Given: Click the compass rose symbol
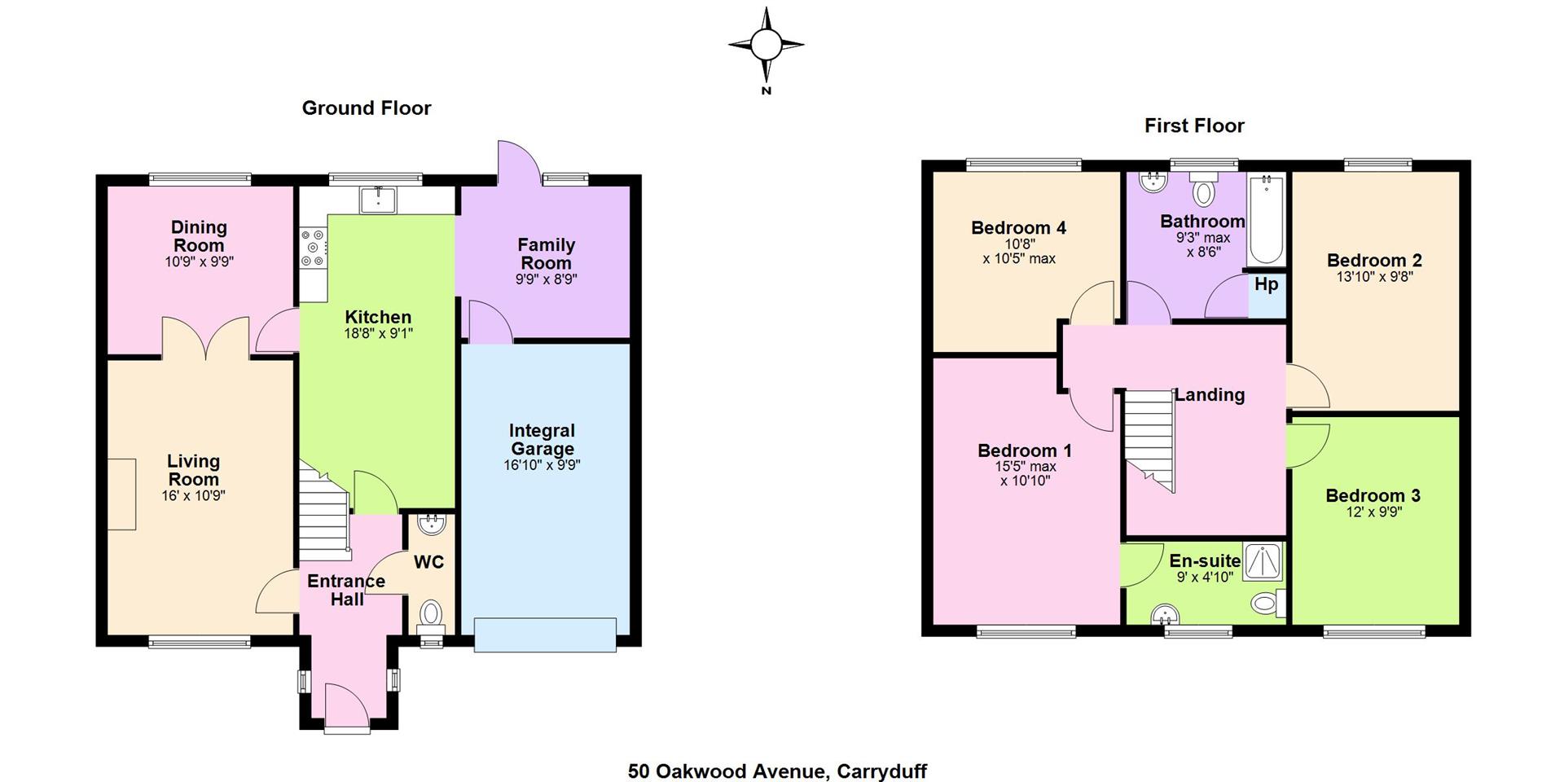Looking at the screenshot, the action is point(766,46).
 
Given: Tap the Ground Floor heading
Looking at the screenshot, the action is point(367,108).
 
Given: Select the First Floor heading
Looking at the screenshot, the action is point(1194,125).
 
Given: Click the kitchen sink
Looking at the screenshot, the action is point(378,200).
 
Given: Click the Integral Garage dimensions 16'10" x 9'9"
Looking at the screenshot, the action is point(542,465).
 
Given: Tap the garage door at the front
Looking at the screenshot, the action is point(545,635).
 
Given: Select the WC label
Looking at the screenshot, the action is point(429,562).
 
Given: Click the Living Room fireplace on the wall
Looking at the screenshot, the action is point(121,494).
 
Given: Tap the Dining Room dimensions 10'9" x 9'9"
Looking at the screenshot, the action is point(199,262).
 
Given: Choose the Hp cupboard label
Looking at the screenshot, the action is point(1266,284).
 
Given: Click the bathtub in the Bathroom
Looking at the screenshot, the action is point(1266,219).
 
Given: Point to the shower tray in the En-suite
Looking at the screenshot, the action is point(1263,560).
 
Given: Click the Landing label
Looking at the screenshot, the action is point(1210,395).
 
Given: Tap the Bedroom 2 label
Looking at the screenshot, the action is point(1374,261).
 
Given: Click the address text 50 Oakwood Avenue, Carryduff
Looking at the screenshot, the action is point(777,771).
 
